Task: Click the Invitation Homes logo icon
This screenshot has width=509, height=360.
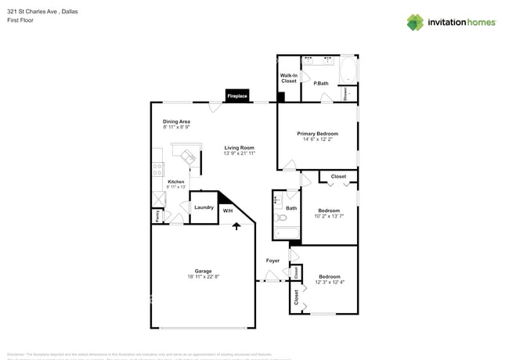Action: click(x=415, y=23)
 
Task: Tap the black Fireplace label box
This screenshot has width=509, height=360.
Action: click(x=237, y=96)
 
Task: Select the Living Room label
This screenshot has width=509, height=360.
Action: click(x=239, y=147)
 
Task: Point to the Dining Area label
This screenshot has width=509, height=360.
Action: click(x=176, y=121)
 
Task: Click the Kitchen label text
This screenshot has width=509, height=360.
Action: click(x=176, y=182)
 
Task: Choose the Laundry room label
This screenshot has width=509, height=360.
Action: click(x=204, y=207)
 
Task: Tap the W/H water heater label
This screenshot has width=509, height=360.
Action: click(x=228, y=211)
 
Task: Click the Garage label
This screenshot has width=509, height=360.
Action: click(x=204, y=272)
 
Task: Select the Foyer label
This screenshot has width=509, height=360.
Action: click(x=273, y=261)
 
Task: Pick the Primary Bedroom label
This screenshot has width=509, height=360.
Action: click(x=317, y=134)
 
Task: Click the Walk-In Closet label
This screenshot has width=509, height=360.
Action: click(x=289, y=78)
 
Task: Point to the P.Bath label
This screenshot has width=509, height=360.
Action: click(x=320, y=83)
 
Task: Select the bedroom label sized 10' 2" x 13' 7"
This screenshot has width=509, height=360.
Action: click(x=329, y=211)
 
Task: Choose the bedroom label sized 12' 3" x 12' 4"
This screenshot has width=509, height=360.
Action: click(x=329, y=276)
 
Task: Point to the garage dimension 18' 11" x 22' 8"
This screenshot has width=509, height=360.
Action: click(x=204, y=277)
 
